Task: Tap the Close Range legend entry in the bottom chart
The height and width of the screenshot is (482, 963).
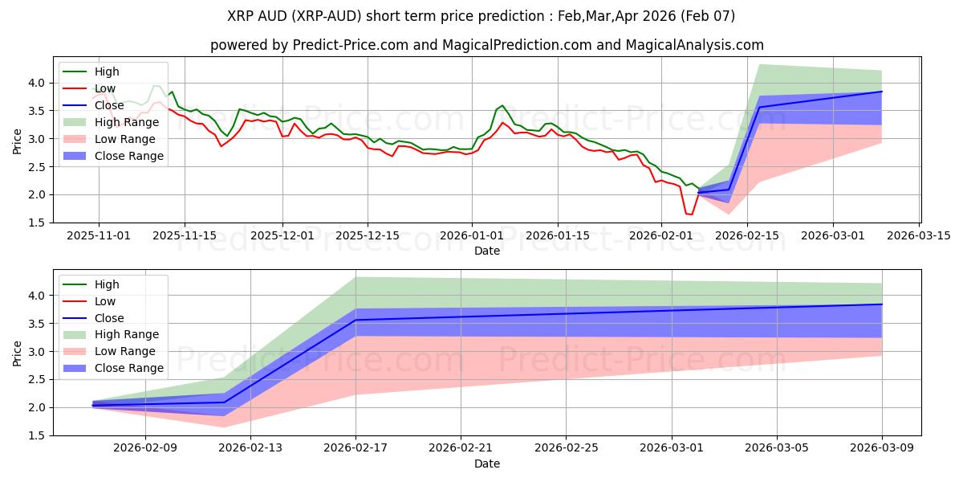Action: tap(128, 368)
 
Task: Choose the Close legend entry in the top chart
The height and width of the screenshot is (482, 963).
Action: tap(109, 105)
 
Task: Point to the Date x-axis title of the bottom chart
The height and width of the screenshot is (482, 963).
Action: tap(487, 464)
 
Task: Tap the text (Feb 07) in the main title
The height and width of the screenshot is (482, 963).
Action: tap(705, 15)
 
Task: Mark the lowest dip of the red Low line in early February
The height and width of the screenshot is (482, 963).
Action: tap(690, 214)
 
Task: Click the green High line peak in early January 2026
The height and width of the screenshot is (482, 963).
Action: tap(502, 105)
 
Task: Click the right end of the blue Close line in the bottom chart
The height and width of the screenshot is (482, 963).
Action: tap(882, 304)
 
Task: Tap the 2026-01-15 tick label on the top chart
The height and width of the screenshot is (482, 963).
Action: tap(557, 235)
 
